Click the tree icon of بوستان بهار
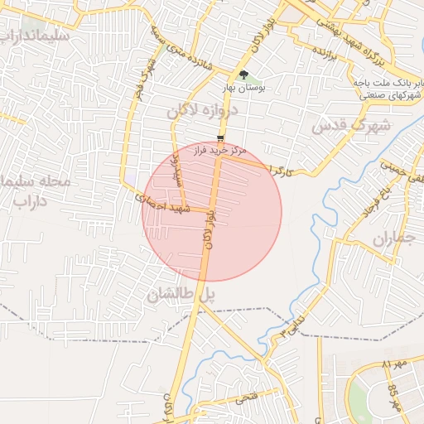[243, 75]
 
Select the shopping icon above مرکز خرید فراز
[219, 138]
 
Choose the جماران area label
[393, 240]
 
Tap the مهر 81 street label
[395, 364]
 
